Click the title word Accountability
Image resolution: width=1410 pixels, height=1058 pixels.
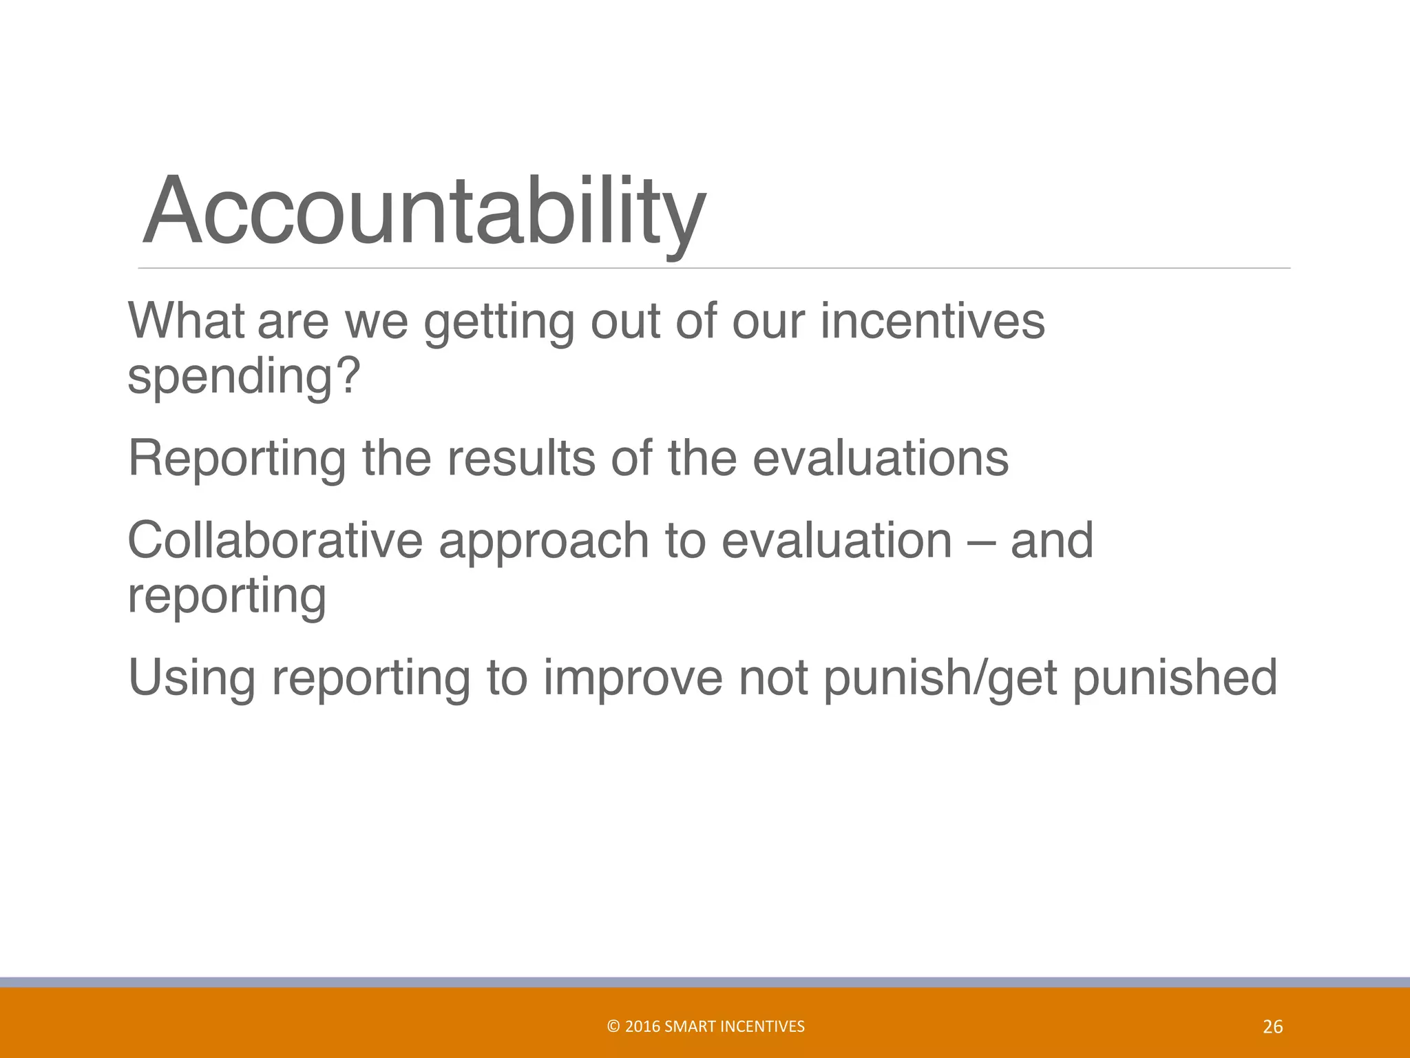click(423, 211)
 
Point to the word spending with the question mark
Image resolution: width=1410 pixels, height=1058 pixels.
click(244, 377)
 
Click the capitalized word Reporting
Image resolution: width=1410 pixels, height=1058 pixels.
click(237, 460)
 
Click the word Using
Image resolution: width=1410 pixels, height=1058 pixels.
click(191, 679)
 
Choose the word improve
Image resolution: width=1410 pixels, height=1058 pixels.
click(633, 679)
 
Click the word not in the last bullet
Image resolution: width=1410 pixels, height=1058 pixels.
click(774, 678)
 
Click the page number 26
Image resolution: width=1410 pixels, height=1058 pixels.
click(1273, 1027)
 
